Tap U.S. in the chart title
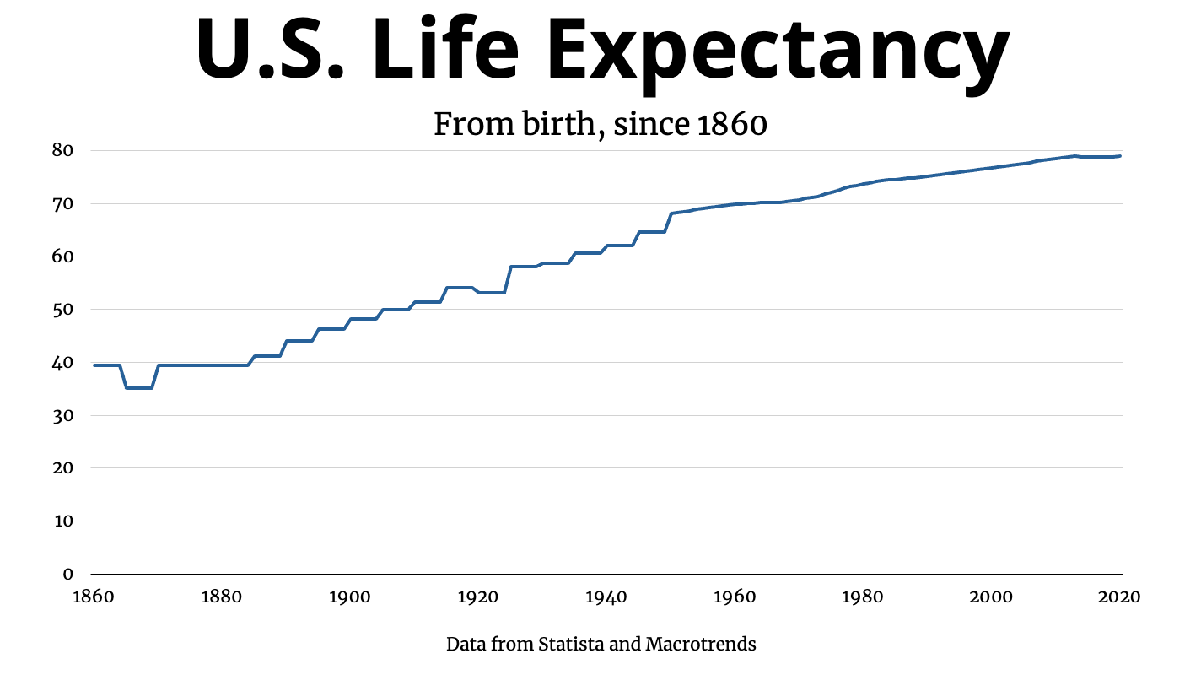pyautogui.click(x=270, y=51)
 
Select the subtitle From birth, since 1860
pyautogui.click(x=600, y=125)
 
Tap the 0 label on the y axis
pyautogui.click(x=68, y=575)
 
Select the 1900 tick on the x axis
pyautogui.click(x=349, y=597)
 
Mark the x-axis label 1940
pyautogui.click(x=606, y=597)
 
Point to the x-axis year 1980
pyautogui.click(x=862, y=597)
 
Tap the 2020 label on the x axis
pyautogui.click(x=1119, y=597)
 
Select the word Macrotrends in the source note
pyautogui.click(x=701, y=645)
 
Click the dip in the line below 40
pyautogui.click(x=139, y=387)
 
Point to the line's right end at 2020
pyautogui.click(x=1120, y=156)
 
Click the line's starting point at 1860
pyautogui.click(x=94, y=365)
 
